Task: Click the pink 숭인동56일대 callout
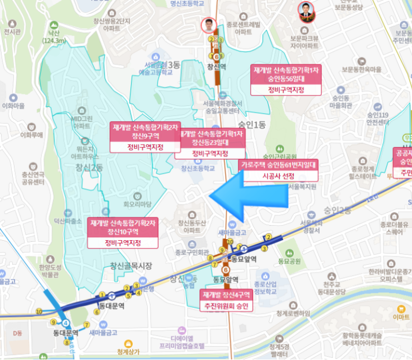(285, 74)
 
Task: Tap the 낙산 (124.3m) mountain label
(54, 36)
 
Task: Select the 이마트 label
(401, 317)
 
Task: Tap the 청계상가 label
(130, 353)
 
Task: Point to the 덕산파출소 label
(68, 221)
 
